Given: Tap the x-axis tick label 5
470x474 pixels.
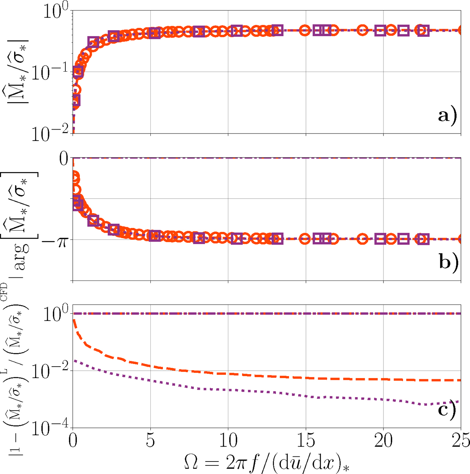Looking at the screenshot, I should (150, 441).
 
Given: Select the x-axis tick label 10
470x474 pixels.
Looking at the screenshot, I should (228, 441).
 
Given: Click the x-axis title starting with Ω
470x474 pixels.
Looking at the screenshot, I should (269, 462).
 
